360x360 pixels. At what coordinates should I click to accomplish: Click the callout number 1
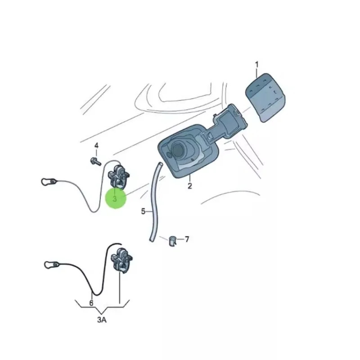[x=256, y=64]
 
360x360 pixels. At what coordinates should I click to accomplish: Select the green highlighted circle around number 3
[x=116, y=198]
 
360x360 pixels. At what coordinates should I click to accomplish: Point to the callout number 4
[x=96, y=145]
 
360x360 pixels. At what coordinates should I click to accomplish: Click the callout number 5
[x=144, y=211]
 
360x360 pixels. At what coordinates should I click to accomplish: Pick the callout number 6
[x=91, y=303]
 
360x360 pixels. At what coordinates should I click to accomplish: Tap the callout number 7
[x=187, y=239]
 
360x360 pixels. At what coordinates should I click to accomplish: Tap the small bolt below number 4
[x=95, y=160]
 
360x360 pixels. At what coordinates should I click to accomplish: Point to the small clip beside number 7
[x=172, y=240]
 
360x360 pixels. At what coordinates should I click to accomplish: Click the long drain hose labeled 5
[x=154, y=202]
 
